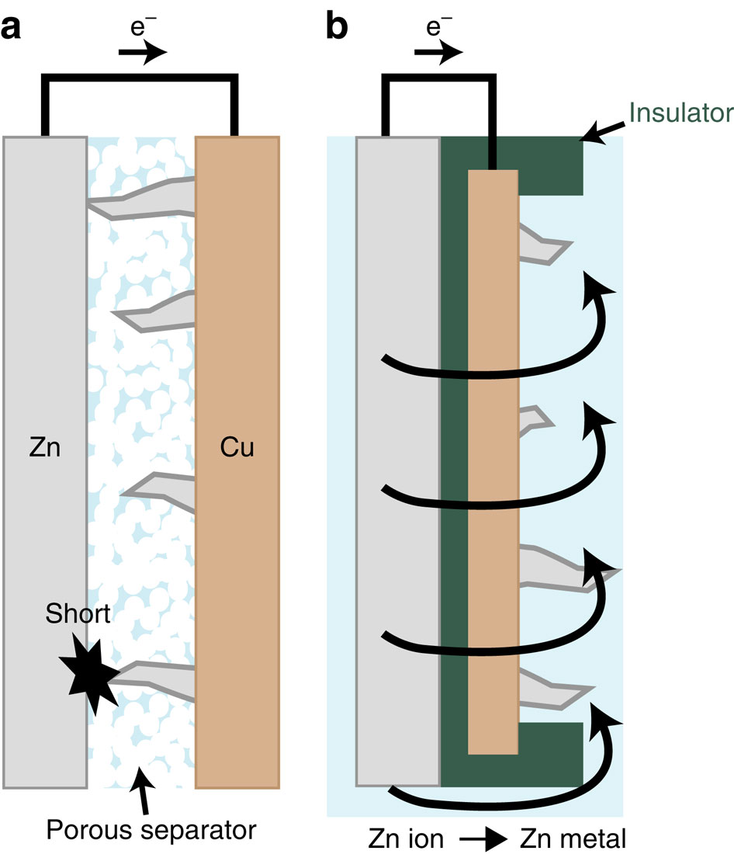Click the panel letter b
pos(338,27)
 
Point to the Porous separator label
pos(151,830)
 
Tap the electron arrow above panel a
pos(141,53)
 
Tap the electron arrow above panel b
pos(439,53)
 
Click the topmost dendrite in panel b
pos(544,243)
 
